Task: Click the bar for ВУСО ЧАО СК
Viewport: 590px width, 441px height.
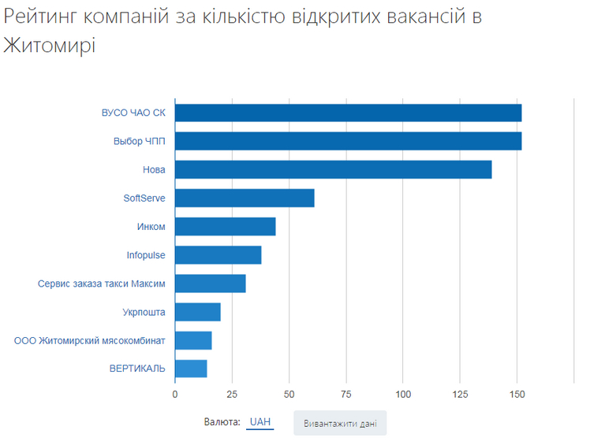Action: coord(348,113)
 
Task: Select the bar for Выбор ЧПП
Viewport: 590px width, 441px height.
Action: coord(348,141)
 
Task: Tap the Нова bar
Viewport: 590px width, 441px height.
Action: coord(333,169)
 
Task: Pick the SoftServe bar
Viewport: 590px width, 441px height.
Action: coord(245,198)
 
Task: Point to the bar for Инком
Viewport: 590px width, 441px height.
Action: coord(225,227)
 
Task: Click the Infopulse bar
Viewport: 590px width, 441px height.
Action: coord(218,255)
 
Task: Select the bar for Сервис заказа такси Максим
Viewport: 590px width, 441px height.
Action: coord(210,283)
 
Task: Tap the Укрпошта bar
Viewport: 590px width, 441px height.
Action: coord(197,312)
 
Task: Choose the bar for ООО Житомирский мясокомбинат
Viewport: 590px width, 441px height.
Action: coord(193,340)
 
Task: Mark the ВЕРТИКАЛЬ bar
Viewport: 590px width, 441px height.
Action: coord(191,369)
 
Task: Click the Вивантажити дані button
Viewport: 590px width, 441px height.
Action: coord(340,424)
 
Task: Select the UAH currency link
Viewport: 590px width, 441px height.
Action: coord(260,422)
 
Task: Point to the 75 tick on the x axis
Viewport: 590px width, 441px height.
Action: coord(346,393)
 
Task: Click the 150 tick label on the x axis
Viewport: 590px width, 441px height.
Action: coord(517,393)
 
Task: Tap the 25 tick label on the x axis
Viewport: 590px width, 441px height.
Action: coord(232,393)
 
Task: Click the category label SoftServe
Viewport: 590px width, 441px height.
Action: coord(144,198)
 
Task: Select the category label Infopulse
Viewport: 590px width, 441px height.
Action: coord(146,255)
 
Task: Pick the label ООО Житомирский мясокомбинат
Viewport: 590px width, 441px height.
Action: coord(90,340)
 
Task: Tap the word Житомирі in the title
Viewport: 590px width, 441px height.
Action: coord(49,45)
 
